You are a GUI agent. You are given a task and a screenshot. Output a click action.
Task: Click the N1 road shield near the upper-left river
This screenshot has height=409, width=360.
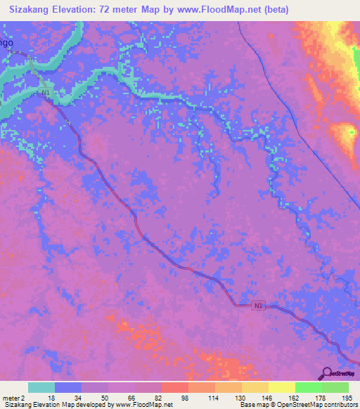[46, 92]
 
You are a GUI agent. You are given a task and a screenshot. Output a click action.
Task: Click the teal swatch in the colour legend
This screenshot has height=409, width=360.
[41, 387]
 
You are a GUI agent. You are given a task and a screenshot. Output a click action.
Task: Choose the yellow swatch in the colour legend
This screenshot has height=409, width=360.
[282, 387]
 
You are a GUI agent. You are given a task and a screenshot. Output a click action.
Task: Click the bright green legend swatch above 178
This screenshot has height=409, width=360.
[309, 387]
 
